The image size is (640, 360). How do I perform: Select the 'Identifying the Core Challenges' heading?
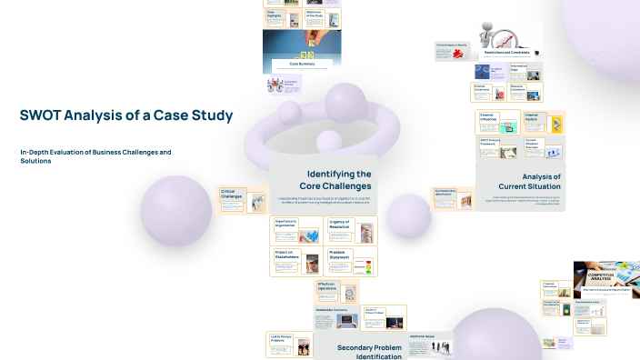point(338,179)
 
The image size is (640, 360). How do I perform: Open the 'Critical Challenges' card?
point(235,199)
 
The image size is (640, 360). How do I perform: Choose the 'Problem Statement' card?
point(351,261)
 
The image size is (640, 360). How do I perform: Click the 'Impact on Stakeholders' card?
point(296,261)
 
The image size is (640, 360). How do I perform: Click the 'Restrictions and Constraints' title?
point(506,53)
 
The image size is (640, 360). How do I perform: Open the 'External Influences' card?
point(497,121)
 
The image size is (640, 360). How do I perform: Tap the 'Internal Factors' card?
point(543,121)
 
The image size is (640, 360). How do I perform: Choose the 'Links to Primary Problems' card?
point(289,343)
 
